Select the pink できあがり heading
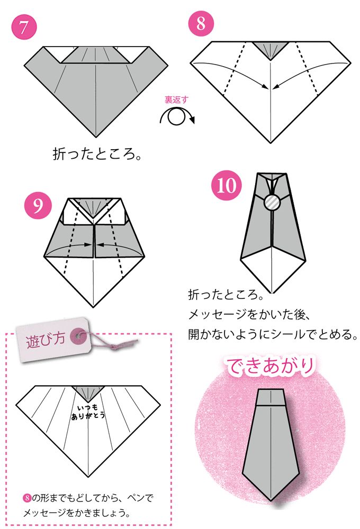(x=272, y=367)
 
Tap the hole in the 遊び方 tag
(x=79, y=333)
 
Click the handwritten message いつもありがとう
(x=88, y=412)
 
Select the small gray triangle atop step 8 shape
(x=271, y=49)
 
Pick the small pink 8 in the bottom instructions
(x=27, y=498)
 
